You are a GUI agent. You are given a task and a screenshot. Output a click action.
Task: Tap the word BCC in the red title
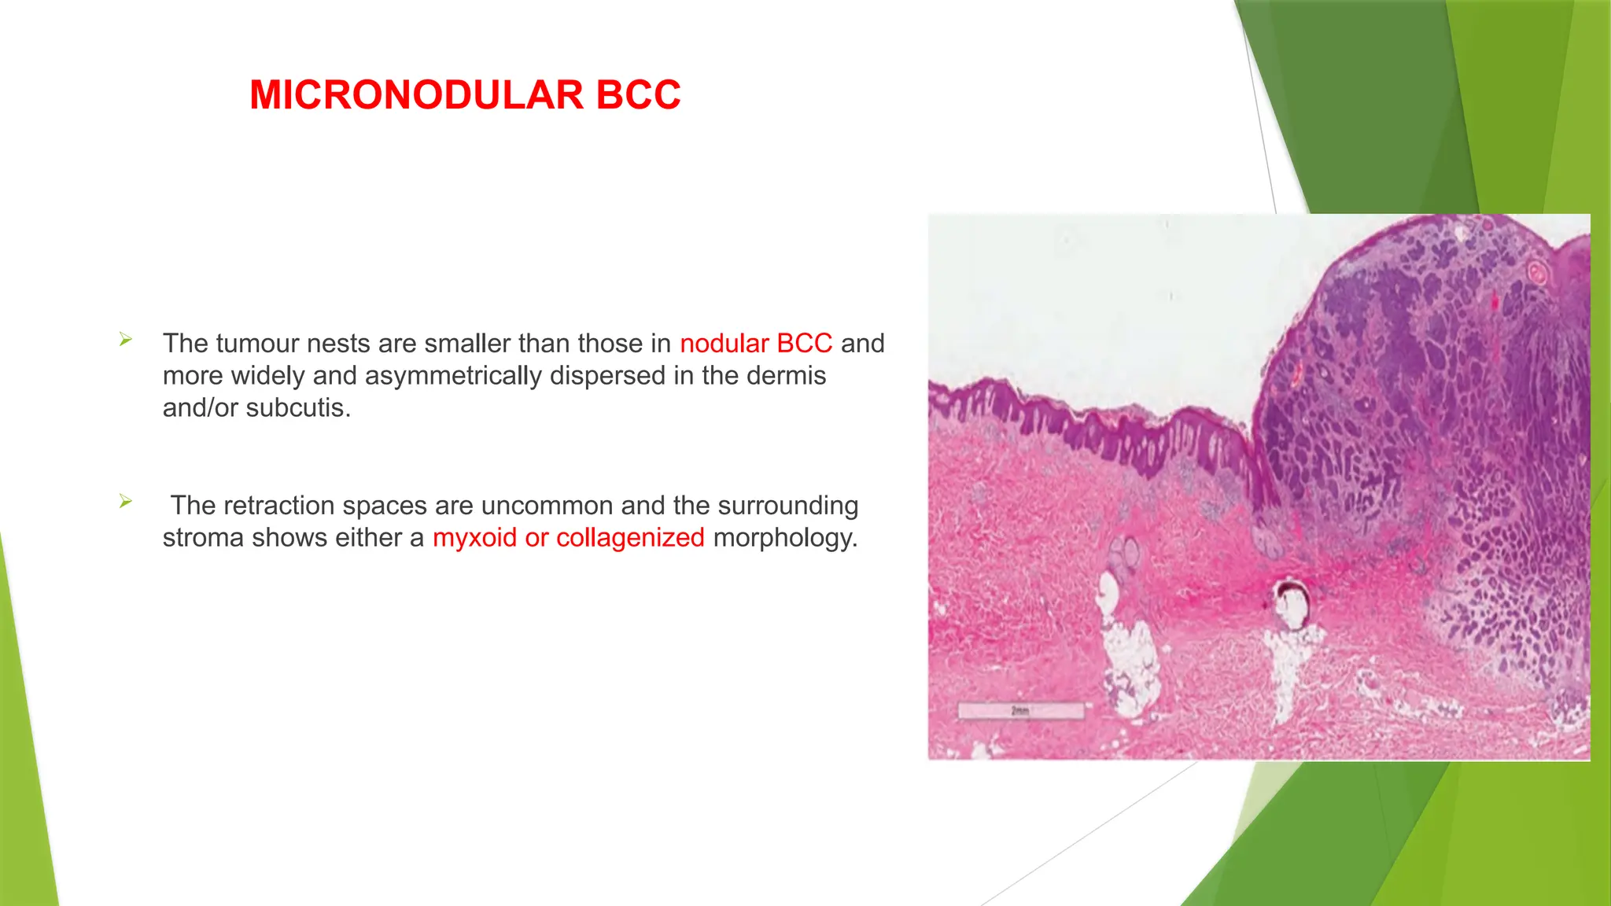click(x=638, y=95)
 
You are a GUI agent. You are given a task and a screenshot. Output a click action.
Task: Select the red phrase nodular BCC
click(x=755, y=344)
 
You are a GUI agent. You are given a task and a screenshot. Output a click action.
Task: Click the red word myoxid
click(x=474, y=538)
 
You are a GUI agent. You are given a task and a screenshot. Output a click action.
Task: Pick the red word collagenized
click(x=630, y=538)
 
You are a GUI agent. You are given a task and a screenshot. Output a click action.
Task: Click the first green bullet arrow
click(x=126, y=340)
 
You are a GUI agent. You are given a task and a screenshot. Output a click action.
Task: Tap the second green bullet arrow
click(x=126, y=501)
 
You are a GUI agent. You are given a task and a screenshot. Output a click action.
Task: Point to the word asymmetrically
click(x=453, y=376)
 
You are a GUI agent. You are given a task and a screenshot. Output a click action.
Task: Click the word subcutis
click(x=298, y=408)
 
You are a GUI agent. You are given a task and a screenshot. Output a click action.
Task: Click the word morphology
click(x=784, y=538)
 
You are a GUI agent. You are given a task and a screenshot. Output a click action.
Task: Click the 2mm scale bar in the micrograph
click(x=1020, y=710)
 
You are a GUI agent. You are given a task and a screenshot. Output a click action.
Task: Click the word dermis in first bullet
click(x=785, y=376)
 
